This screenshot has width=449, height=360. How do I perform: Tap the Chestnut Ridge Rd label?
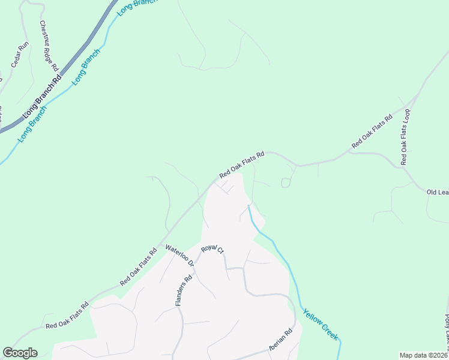tap(48, 46)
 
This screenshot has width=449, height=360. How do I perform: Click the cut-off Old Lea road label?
tap(437, 192)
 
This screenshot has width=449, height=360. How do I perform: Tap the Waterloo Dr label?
tap(180, 255)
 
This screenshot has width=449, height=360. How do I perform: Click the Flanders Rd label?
tap(183, 290)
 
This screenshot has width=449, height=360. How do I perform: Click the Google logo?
tap(20, 353)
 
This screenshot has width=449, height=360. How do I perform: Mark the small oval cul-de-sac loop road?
tap(286, 182)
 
